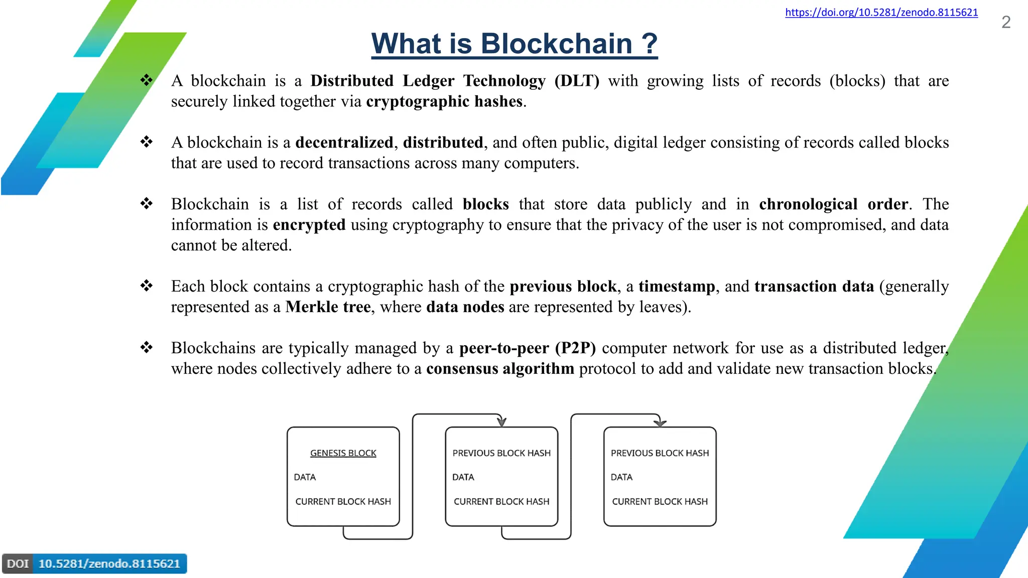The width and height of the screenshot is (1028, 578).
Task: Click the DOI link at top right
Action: [881, 13]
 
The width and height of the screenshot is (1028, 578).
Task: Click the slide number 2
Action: [1005, 22]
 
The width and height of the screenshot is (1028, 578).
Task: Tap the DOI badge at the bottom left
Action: [94, 563]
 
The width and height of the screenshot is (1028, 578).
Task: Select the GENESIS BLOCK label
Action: [343, 453]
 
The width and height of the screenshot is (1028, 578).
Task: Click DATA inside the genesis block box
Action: [305, 477]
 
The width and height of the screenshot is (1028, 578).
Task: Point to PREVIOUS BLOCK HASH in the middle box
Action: [501, 453]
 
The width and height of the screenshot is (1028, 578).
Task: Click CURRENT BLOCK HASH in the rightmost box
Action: [660, 501]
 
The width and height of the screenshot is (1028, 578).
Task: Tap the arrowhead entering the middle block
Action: [501, 422]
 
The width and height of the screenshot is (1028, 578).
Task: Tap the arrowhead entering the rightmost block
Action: [660, 422]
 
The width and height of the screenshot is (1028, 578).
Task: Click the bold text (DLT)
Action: [577, 81]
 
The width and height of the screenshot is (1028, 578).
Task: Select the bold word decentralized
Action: [344, 142]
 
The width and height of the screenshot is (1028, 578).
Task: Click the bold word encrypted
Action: [309, 225]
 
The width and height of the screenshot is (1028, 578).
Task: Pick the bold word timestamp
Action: [676, 286]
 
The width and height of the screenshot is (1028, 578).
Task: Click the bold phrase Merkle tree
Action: [328, 307]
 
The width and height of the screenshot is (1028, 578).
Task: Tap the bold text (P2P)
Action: [575, 348]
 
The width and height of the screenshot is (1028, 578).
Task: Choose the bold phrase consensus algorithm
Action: [500, 369]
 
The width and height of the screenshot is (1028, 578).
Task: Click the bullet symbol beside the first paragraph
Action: [146, 80]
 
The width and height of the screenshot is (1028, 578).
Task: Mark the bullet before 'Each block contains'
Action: [146, 286]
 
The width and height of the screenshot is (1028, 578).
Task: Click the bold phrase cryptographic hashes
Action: [444, 101]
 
